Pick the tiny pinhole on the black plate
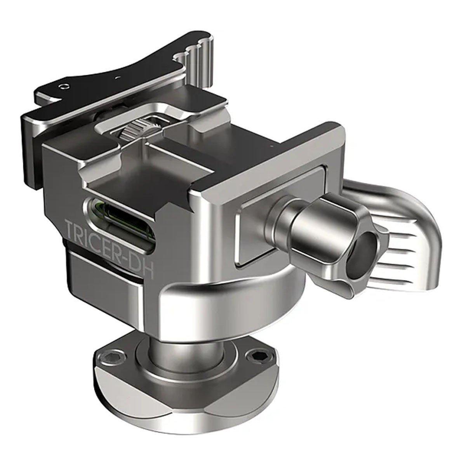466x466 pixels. point(117,77)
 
